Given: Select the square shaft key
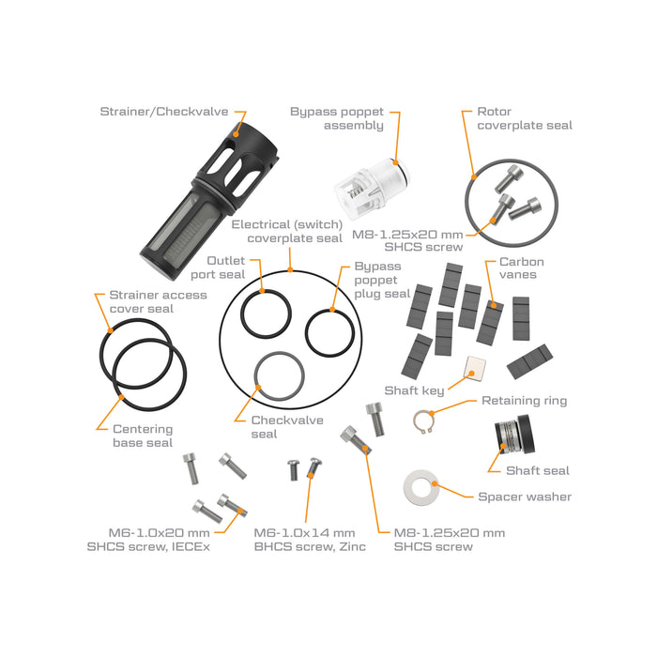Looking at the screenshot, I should coord(474,371).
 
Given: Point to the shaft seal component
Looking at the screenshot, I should coord(512,435).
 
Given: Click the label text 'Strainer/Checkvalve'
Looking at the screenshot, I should coord(163,112).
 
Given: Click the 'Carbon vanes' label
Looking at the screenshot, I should coord(521,268).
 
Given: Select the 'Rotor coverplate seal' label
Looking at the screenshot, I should coord(524,118).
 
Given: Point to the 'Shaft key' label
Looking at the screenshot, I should coord(414,390).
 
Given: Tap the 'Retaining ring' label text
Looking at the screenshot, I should coord(524,401).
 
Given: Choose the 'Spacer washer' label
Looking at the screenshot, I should coord(524,497).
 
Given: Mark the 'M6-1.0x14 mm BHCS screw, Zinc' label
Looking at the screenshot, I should coord(304,540).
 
